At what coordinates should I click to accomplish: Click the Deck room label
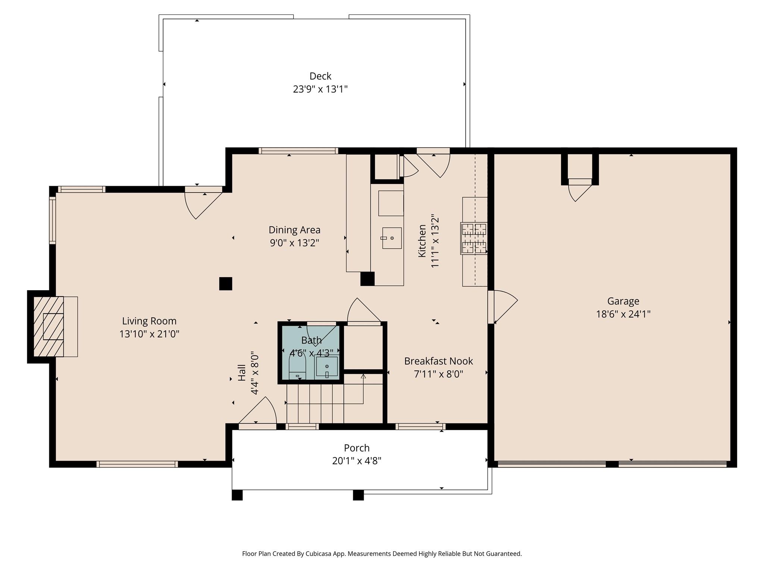pos(320,76)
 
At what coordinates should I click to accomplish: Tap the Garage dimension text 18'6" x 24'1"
pos(623,314)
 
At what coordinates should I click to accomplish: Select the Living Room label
pos(149,321)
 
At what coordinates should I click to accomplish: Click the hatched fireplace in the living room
pos(48,326)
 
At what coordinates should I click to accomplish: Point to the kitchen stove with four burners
pos(474,238)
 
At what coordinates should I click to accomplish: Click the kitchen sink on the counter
pos(392,238)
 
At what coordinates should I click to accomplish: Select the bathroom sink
pos(327,367)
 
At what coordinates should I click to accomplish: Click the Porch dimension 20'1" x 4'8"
pos(357,461)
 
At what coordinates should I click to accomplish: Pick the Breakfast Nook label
pos(438,361)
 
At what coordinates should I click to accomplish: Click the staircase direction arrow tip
pos(363,376)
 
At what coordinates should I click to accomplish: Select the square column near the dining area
pos(225,284)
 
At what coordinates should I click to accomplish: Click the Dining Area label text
pos(294,230)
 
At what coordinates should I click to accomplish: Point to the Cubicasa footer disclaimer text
pos(382,554)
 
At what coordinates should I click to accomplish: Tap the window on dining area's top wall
pos(298,151)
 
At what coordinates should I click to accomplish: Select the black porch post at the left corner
pos(237,495)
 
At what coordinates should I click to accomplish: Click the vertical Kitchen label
pos(422,241)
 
